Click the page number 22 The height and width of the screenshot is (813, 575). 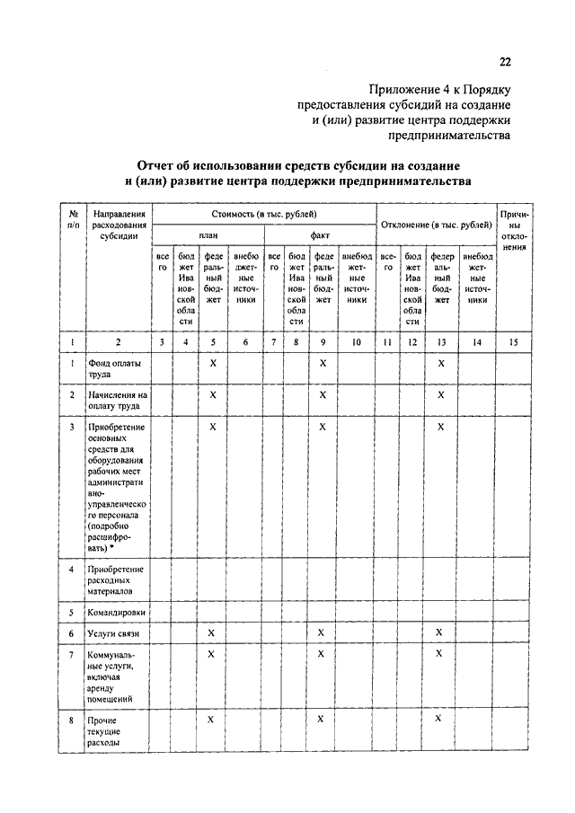pyautogui.click(x=505, y=62)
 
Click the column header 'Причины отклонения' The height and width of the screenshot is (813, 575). pyautogui.click(x=515, y=230)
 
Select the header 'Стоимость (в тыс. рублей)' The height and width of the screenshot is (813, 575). pyautogui.click(x=264, y=214)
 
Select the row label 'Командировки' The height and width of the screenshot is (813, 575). pyautogui.click(x=117, y=612)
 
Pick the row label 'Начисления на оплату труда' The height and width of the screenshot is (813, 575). pyautogui.click(x=117, y=400)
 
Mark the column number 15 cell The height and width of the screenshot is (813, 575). pyautogui.click(x=515, y=341)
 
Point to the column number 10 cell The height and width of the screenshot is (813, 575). pyautogui.click(x=357, y=341)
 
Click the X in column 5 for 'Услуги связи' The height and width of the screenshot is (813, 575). pyautogui.click(x=211, y=633)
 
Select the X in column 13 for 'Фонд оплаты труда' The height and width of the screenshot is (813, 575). pyautogui.click(x=440, y=362)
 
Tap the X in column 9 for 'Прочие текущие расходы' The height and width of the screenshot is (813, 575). pyautogui.click(x=322, y=719)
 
